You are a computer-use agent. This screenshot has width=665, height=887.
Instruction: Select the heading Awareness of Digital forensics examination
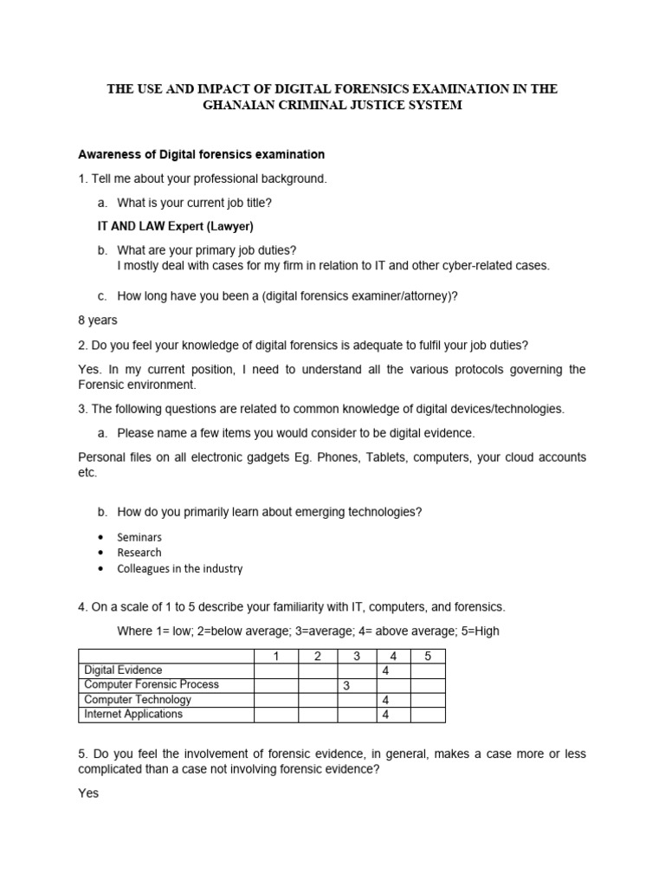[202, 155]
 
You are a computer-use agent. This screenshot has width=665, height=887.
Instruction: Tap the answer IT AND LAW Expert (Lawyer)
[174, 226]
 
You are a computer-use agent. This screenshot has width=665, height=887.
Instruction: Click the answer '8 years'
[98, 320]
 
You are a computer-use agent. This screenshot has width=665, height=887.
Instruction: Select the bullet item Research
[139, 553]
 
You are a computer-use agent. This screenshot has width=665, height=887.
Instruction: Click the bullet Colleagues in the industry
[180, 569]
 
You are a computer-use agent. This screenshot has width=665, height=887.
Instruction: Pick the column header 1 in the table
[276, 656]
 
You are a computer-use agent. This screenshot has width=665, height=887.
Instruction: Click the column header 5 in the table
[428, 656]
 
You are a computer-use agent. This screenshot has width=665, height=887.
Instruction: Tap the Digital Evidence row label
[123, 670]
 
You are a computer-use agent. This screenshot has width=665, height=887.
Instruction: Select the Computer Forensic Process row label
[152, 685]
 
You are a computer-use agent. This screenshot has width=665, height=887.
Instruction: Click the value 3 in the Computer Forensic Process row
[345, 686]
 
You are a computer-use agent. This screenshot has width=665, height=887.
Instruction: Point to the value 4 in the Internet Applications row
[384, 715]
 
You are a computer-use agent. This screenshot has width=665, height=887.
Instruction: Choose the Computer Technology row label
[138, 700]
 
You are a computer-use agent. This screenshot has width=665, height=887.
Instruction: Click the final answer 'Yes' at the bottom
[88, 793]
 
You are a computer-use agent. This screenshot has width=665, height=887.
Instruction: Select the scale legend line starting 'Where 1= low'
[307, 631]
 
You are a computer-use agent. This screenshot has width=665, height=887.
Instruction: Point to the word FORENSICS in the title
[356, 88]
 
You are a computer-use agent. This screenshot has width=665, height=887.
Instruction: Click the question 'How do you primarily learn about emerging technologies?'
[269, 512]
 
